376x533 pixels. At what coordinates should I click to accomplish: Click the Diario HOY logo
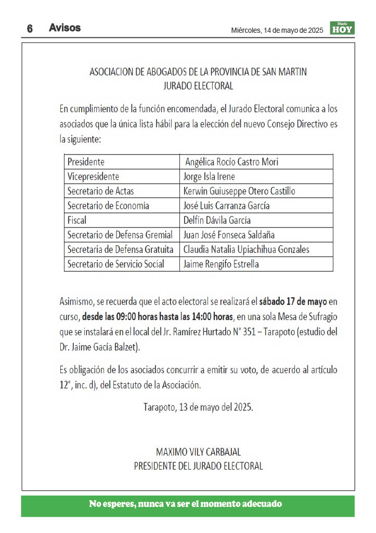[x=342, y=29]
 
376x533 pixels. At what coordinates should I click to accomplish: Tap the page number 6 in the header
[x=30, y=29]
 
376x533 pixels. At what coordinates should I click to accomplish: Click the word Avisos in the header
[x=64, y=28]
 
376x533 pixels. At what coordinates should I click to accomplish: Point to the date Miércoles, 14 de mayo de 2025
[x=277, y=31]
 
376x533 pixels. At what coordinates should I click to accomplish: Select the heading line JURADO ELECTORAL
[x=198, y=86]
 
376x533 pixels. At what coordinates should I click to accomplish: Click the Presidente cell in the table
[x=86, y=162]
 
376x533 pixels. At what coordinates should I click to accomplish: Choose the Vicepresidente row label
[x=93, y=176]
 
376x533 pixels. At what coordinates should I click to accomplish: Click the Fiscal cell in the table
[x=77, y=220]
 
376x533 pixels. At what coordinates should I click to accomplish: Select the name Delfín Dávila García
[x=217, y=220]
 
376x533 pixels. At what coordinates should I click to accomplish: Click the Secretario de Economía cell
[x=108, y=206]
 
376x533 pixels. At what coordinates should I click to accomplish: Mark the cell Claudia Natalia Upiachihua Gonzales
[x=247, y=249]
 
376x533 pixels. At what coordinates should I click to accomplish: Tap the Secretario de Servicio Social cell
[x=115, y=264]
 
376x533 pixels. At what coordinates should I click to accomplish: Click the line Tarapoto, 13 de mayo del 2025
[x=198, y=407]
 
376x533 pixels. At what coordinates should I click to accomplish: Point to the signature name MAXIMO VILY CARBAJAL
[x=198, y=452]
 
